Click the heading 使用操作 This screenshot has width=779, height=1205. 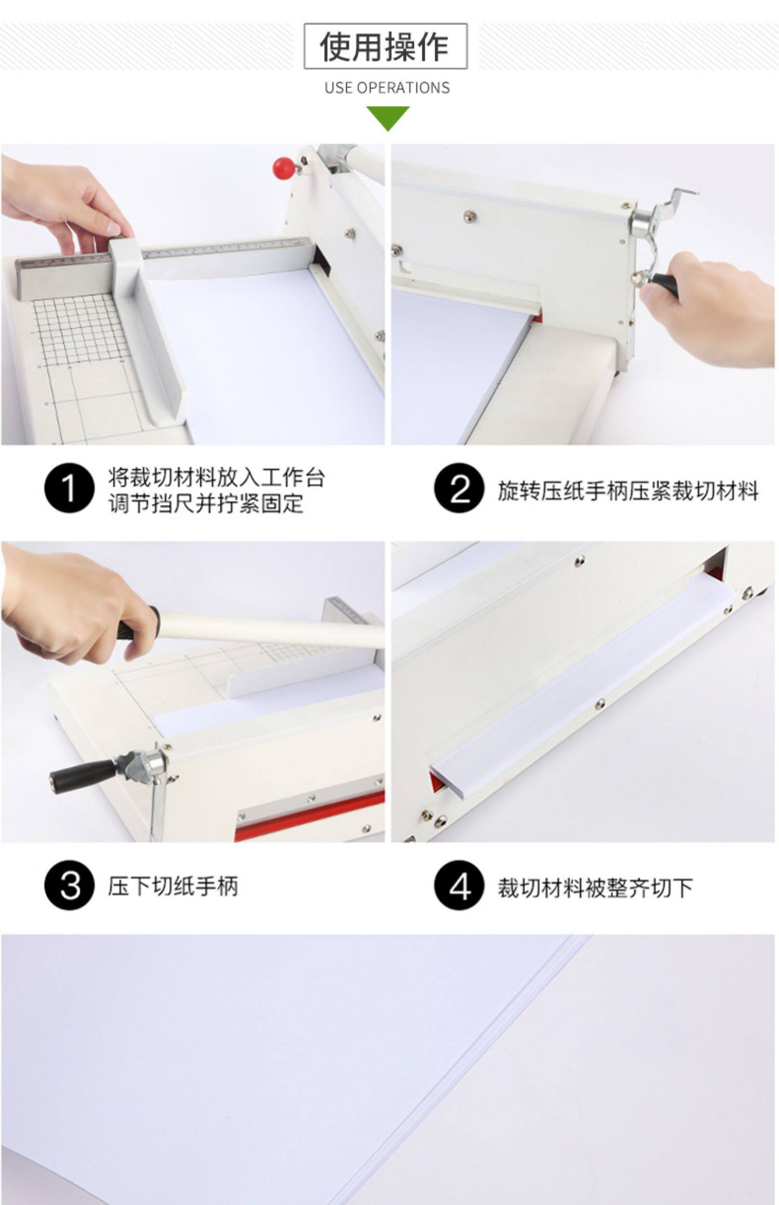(x=385, y=46)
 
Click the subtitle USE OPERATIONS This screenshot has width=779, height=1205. (x=387, y=88)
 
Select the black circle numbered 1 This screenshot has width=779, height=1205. (x=69, y=488)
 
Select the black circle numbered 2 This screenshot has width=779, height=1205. (x=459, y=488)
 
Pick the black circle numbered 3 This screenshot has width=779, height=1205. (x=69, y=885)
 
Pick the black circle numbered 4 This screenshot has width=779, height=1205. (x=459, y=885)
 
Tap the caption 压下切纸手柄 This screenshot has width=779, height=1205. (x=173, y=886)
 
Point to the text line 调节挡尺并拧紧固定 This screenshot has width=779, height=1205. (x=206, y=503)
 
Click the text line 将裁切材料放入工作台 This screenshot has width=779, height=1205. (x=217, y=477)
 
